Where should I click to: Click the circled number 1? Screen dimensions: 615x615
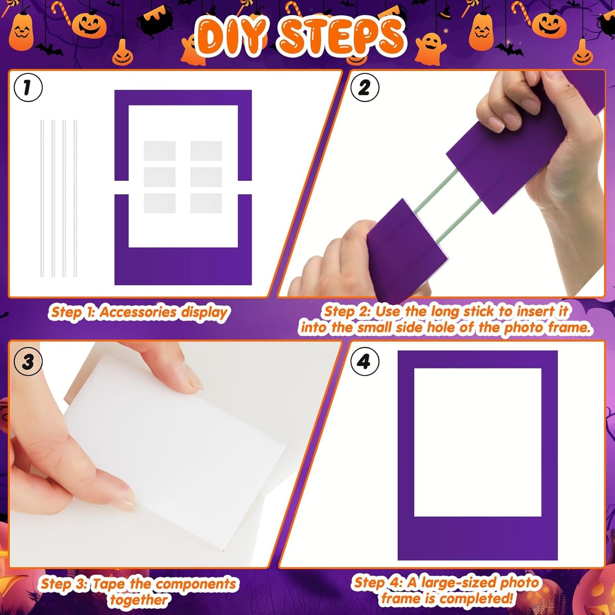(28, 88)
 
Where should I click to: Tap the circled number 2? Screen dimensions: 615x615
(364, 88)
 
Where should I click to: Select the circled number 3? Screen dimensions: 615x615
(28, 362)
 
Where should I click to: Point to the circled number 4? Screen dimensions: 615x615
(364, 362)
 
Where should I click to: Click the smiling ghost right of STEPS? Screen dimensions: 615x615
(430, 49)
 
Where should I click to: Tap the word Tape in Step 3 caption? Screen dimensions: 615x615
(109, 584)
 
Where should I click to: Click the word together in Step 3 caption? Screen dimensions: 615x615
(139, 600)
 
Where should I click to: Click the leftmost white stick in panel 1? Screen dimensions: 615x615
(42, 198)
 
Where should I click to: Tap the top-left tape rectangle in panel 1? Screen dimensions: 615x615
(160, 151)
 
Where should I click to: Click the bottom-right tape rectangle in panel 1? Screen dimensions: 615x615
(206, 203)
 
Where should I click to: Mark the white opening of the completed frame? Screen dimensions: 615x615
(478, 443)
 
